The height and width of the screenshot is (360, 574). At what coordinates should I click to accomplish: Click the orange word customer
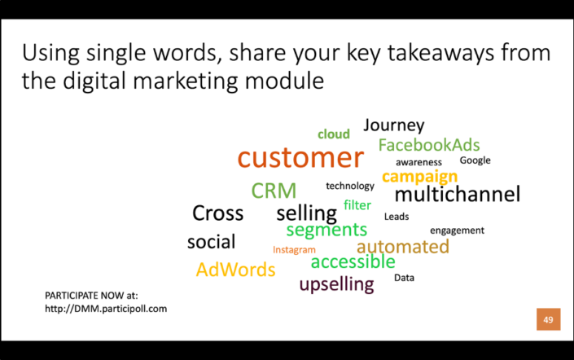300,157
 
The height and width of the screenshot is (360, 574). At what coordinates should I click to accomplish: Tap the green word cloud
334,134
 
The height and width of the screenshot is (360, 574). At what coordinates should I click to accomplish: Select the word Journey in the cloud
394,125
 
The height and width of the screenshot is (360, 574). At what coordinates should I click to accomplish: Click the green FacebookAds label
429,145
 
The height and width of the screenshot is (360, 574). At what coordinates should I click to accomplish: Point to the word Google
475,160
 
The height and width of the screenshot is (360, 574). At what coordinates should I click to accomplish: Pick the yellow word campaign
419,177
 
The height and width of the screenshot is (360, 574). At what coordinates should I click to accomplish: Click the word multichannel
457,195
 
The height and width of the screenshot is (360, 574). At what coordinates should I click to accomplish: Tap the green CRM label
274,191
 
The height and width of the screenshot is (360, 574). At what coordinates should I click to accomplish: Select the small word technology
350,186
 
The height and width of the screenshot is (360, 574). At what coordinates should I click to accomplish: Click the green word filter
357,205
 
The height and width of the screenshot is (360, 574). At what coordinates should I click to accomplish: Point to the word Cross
217,213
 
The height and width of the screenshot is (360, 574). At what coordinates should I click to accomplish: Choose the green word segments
326,230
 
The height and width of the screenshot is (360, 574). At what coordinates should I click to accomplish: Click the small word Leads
397,217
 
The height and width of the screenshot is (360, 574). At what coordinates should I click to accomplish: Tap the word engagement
457,230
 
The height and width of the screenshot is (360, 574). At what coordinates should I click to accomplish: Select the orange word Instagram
294,250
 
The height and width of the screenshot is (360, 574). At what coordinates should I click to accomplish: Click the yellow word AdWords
235,270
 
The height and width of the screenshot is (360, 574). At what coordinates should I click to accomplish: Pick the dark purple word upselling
336,284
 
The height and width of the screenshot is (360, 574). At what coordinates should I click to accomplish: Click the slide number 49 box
548,319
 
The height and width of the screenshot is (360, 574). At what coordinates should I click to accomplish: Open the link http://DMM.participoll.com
106,310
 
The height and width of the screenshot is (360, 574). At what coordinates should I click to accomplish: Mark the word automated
402,246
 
